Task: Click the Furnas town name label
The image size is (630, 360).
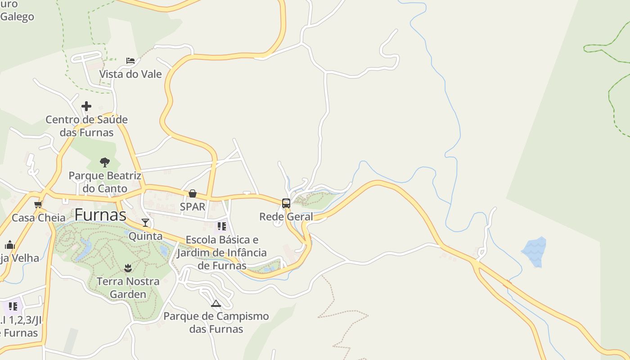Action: coord(100,215)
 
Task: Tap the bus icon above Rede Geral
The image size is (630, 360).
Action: coord(286,203)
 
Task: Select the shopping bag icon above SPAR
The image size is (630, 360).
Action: coord(193,193)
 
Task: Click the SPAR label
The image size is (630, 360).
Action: coord(193,207)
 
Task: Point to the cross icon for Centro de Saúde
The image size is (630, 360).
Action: coord(86,107)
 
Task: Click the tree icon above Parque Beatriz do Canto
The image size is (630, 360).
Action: coord(105,162)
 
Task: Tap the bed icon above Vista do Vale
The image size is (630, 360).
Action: coord(130,61)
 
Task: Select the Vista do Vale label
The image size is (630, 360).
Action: coord(130,74)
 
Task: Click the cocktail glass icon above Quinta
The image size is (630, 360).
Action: coord(145,222)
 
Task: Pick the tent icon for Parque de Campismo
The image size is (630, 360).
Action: coord(216,304)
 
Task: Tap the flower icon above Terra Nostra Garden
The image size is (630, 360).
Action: coord(128,268)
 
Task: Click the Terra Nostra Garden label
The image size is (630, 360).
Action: coord(128,288)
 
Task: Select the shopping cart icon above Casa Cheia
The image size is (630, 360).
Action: coord(38,205)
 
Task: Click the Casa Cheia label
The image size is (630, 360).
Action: coord(38,218)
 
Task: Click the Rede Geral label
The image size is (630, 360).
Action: coord(286,217)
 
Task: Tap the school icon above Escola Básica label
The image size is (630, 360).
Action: coord(221,226)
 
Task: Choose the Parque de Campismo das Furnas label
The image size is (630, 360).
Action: coord(216,323)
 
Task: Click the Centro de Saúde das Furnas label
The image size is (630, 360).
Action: coord(86,126)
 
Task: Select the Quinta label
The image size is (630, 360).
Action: coord(145,236)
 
